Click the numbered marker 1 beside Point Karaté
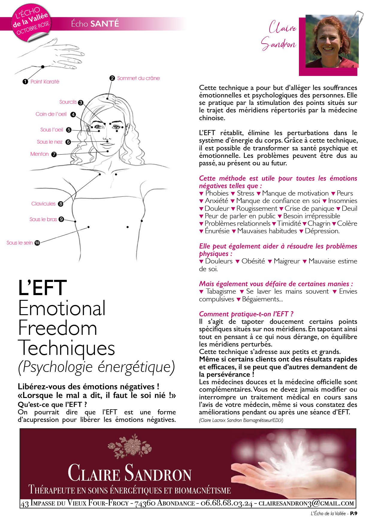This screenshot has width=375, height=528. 25,82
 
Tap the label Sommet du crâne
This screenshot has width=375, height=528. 138,78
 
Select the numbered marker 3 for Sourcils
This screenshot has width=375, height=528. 81,103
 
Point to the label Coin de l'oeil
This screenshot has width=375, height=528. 51,114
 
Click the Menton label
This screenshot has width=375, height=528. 39,154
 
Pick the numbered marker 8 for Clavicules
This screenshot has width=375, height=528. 61,204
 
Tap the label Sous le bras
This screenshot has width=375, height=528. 43,219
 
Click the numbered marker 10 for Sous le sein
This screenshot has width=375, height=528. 37,243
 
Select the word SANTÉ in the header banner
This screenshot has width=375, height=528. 105,24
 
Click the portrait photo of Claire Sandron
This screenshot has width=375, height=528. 332,41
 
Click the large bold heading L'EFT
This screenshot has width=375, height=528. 42,288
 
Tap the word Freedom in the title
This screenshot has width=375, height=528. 58,328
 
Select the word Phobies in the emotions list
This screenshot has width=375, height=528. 217,193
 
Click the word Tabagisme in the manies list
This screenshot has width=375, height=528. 221,292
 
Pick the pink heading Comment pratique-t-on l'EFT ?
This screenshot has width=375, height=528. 246,314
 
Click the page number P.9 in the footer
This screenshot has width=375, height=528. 354,514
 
